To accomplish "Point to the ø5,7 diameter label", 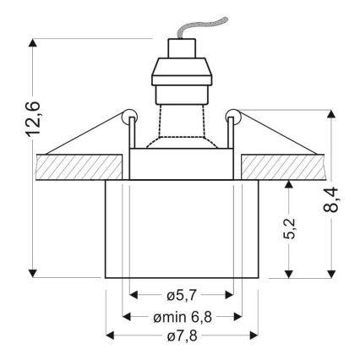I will pos(182,296).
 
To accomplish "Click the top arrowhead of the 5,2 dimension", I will pos(290,183).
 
